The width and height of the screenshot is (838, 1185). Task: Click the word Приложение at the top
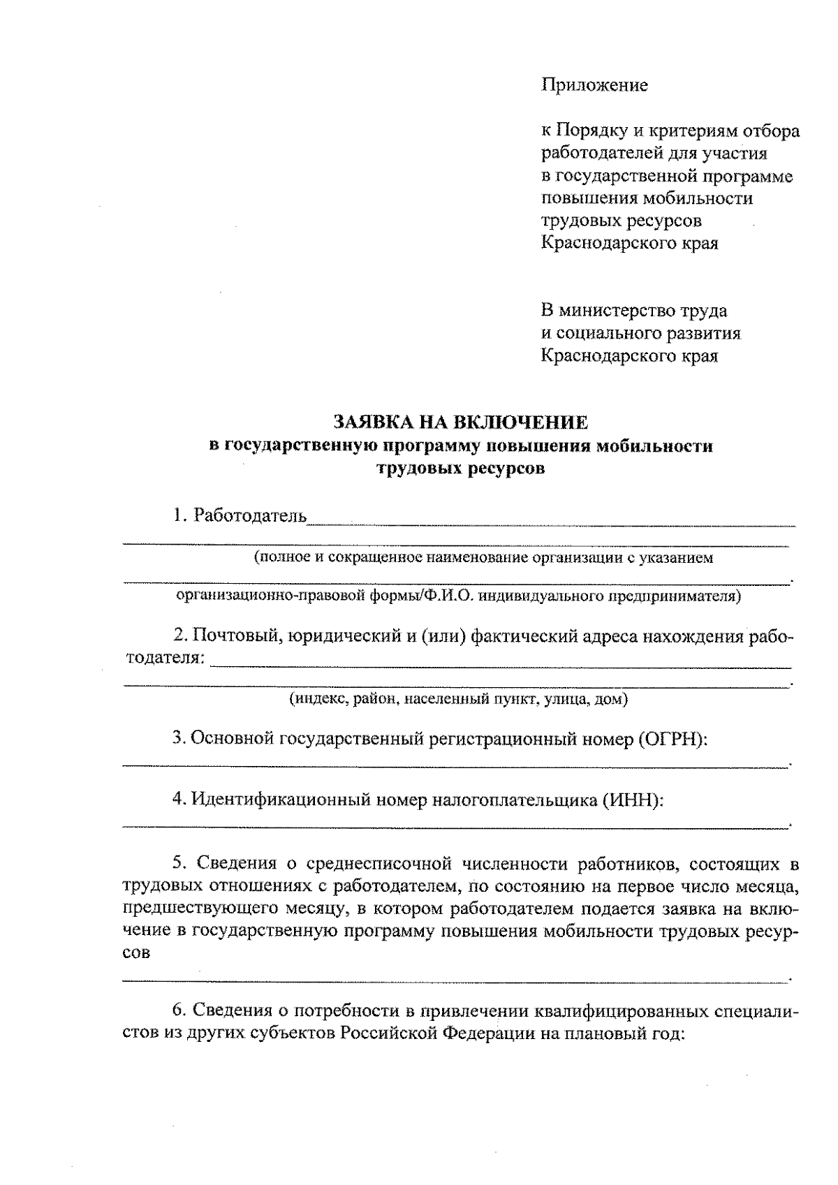click(x=594, y=85)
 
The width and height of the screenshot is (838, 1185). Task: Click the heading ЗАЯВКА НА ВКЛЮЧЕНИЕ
click(x=460, y=422)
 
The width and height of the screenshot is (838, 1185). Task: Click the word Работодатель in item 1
click(x=250, y=516)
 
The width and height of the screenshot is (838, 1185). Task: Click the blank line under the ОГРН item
click(x=454, y=767)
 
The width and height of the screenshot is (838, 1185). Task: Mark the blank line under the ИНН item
click(x=454, y=827)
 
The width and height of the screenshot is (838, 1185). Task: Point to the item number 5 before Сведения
click(x=178, y=864)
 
